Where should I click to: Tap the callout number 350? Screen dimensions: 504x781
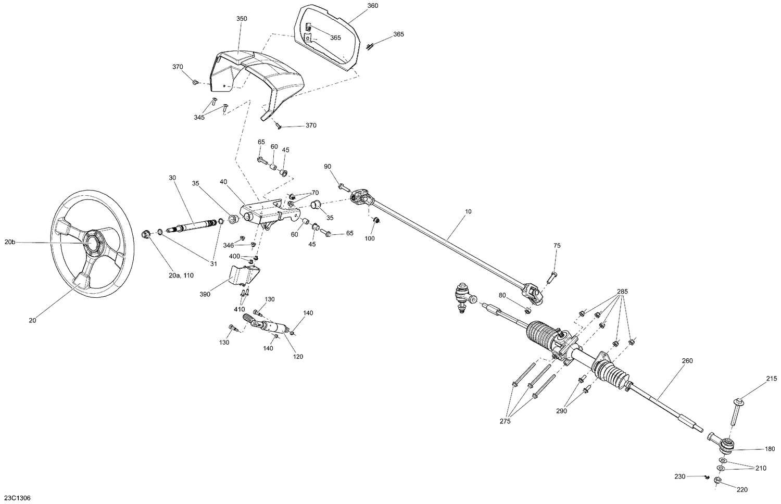(242, 19)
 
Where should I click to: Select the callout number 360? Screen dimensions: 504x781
(373, 6)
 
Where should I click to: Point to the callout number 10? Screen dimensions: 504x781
(468, 212)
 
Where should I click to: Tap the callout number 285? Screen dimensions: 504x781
(623, 292)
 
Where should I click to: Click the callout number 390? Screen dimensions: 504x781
(205, 294)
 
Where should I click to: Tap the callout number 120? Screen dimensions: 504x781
(298, 357)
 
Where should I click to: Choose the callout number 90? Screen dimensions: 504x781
(327, 167)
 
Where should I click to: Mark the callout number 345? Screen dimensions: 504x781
(199, 117)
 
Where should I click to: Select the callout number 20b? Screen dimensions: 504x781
(10, 242)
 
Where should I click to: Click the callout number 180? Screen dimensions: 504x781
(770, 449)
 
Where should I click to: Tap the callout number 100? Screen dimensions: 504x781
(369, 238)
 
